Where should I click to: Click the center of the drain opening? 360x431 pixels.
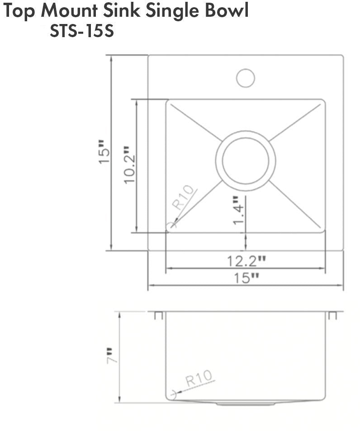click(246, 161)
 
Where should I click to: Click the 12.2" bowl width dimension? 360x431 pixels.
click(246, 261)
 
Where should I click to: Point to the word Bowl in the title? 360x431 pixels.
click(229, 11)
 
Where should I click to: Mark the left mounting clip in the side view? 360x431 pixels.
click(158, 315)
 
